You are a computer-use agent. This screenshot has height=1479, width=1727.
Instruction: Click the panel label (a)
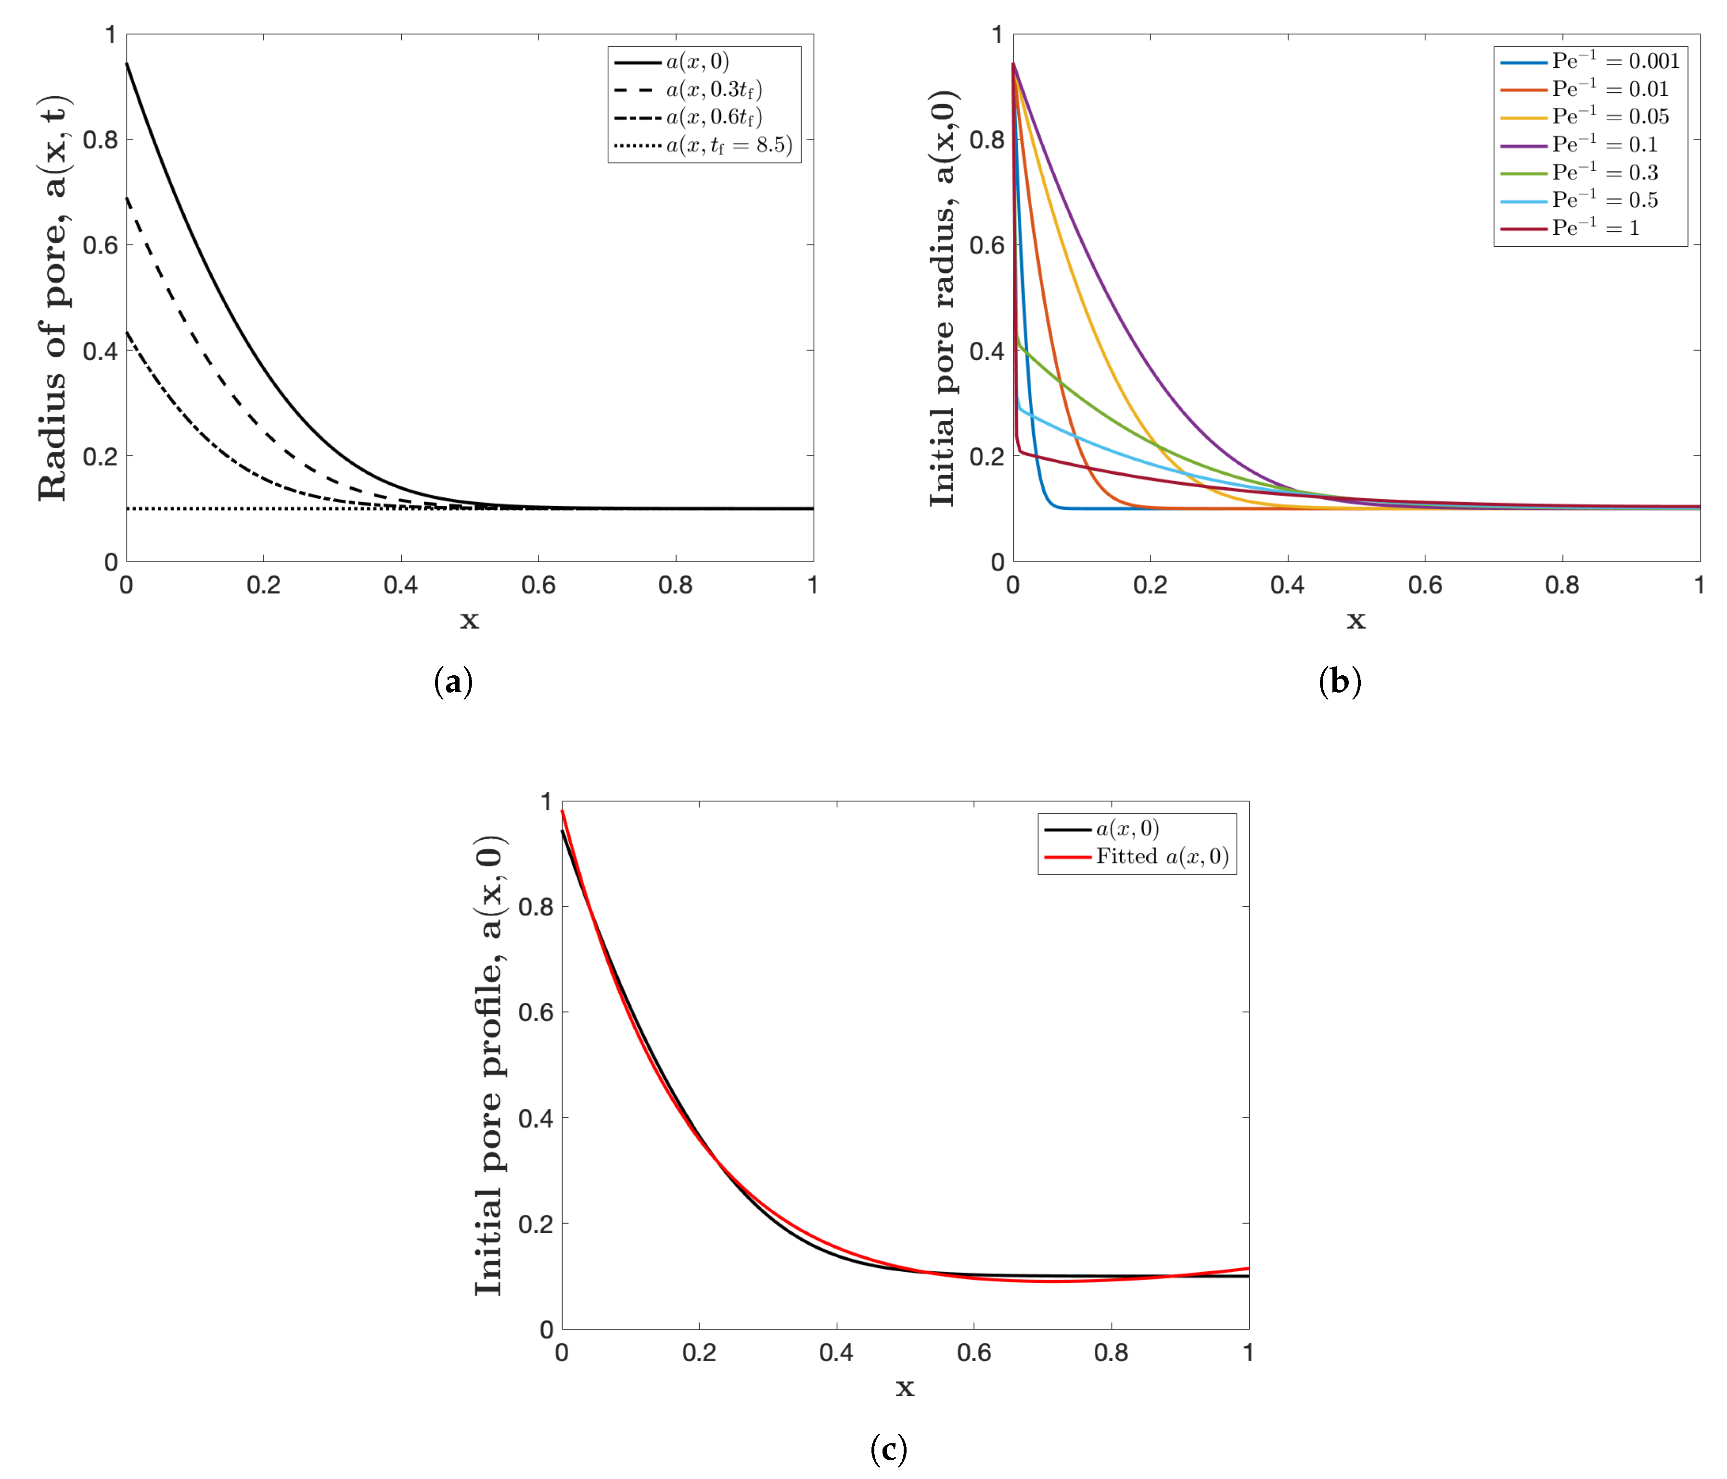[x=453, y=682]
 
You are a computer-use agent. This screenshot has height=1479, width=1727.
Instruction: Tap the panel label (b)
[x=1340, y=682]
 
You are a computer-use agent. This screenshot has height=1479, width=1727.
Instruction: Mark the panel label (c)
[x=888, y=1449]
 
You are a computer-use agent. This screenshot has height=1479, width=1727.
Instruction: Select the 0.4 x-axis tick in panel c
[x=836, y=1353]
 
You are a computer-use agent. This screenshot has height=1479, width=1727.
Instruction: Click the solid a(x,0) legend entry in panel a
[x=697, y=62]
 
